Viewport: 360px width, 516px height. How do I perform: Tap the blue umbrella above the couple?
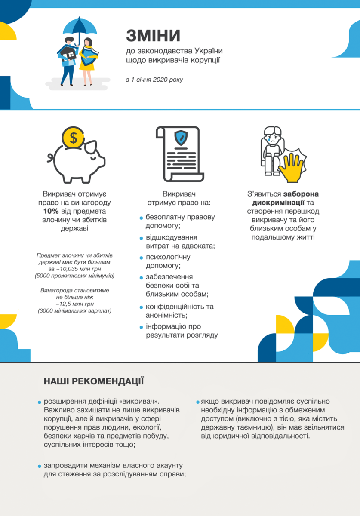click(80, 25)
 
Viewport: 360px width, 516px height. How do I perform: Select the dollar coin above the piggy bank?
click(74, 138)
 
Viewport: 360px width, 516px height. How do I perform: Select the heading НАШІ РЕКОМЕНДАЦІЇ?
click(93, 381)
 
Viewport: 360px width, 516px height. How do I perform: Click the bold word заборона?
click(301, 193)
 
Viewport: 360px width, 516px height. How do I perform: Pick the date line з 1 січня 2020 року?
click(154, 80)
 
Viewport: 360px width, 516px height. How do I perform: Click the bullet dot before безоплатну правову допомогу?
click(141, 218)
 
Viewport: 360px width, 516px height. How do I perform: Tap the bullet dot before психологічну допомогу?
click(141, 258)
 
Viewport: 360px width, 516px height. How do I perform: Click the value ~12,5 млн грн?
click(74, 304)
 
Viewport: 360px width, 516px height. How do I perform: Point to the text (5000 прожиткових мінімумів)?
click(74, 275)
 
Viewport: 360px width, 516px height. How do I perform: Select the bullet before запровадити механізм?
click(39, 466)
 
